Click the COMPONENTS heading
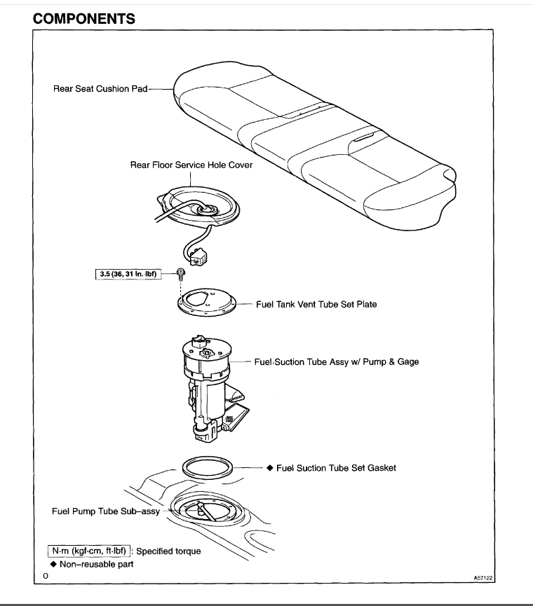tap(84, 18)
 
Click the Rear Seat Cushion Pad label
tap(100, 90)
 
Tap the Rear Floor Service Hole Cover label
tap(191, 165)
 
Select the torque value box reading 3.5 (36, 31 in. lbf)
tap(128, 274)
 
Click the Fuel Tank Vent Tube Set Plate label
tap(316, 305)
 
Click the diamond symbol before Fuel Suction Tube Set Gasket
tap(269, 468)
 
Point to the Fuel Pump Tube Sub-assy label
tap(106, 511)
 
